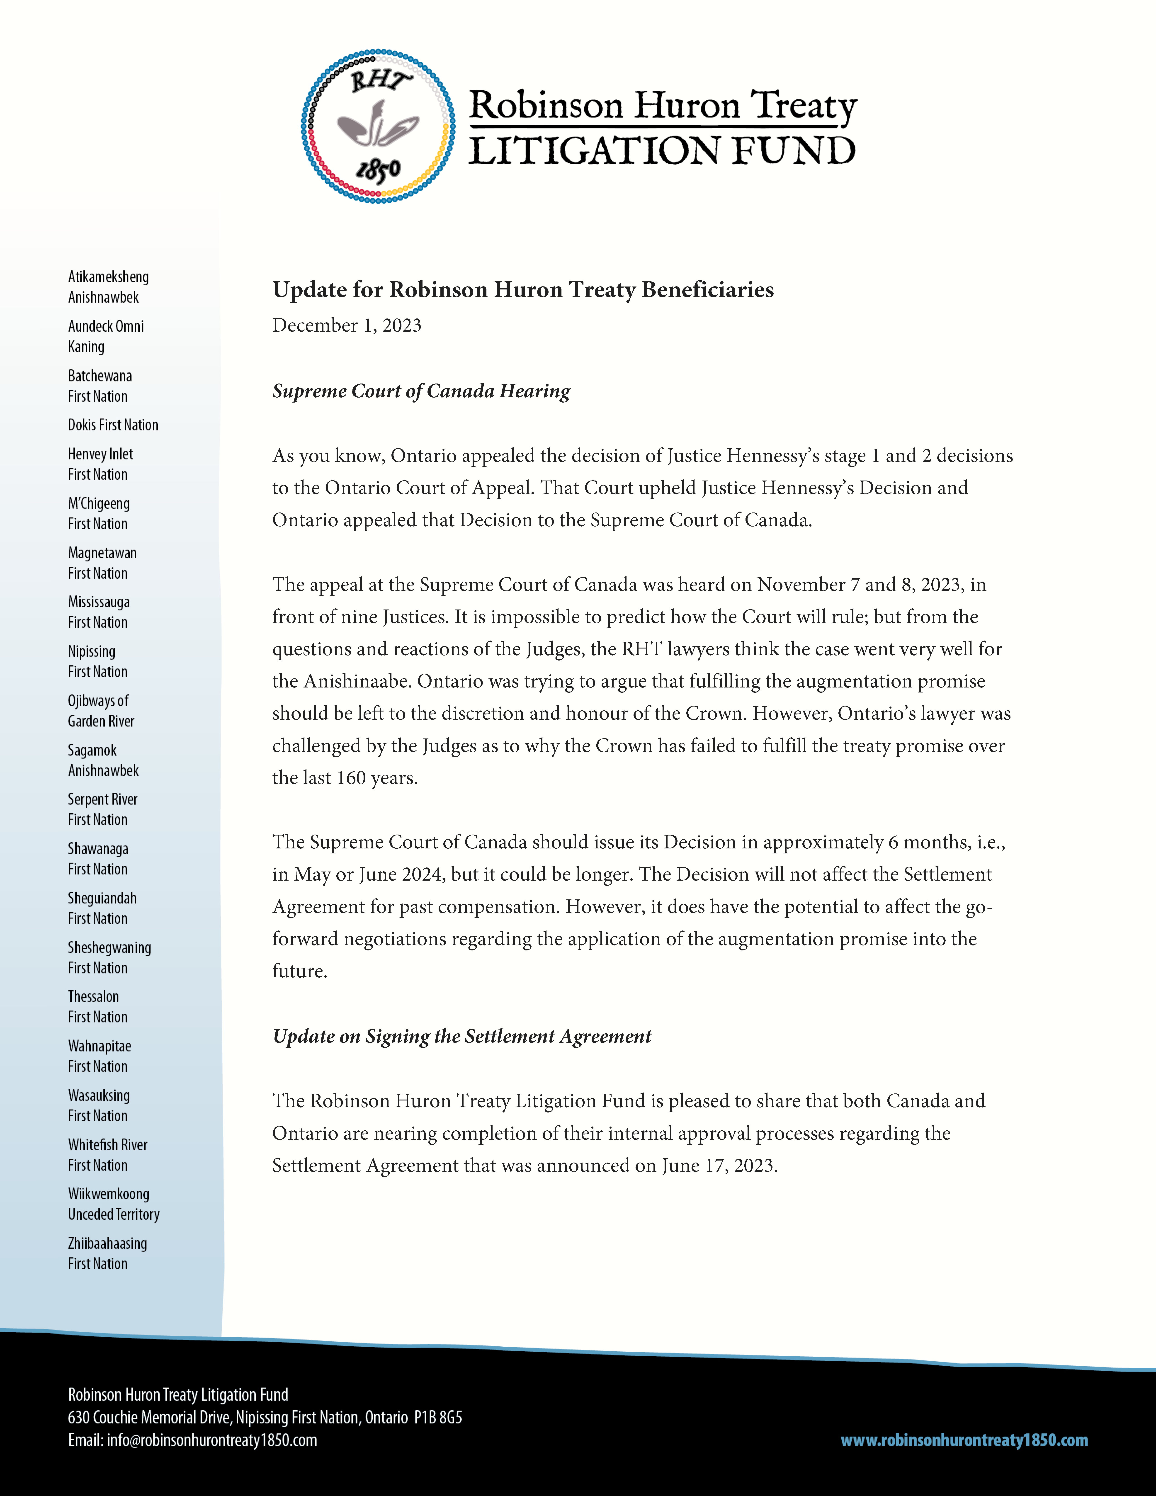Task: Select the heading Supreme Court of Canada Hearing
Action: click(x=421, y=391)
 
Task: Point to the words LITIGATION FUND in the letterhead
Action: click(x=662, y=151)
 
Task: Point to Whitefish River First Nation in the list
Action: click(x=107, y=1155)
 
